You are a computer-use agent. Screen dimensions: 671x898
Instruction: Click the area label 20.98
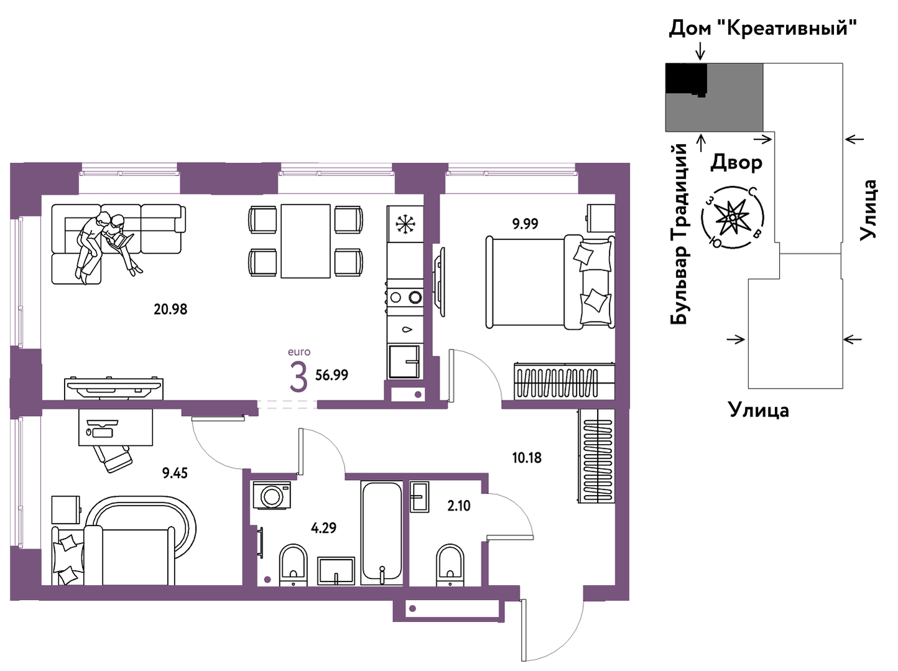(170, 309)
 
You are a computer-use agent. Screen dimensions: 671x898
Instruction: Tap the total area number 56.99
(331, 375)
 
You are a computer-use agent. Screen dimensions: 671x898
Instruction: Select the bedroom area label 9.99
(525, 224)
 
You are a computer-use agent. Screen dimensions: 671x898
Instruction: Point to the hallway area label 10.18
(527, 458)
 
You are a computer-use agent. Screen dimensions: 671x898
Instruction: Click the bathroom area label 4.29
(323, 528)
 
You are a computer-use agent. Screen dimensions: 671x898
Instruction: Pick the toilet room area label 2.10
(459, 506)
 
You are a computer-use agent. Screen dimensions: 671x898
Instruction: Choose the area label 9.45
(175, 473)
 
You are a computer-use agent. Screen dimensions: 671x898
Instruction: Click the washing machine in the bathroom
(272, 496)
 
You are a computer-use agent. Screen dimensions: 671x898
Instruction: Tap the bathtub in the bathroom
(381, 533)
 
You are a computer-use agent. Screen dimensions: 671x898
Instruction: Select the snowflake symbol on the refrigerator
(405, 224)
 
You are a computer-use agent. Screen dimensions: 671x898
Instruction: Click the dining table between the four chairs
(305, 241)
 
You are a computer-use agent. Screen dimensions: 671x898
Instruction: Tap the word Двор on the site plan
(736, 162)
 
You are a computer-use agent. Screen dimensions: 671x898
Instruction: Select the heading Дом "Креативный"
(762, 28)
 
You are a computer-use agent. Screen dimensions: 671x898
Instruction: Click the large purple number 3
(299, 377)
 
